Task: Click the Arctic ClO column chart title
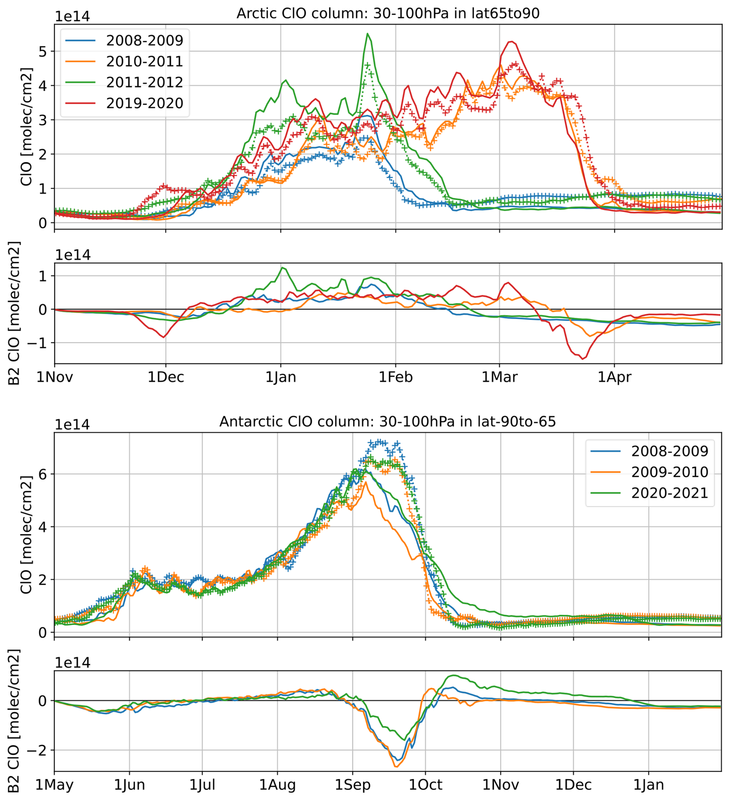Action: (x=388, y=13)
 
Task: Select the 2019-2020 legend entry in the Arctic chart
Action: (x=144, y=103)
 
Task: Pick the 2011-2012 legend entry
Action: (x=144, y=82)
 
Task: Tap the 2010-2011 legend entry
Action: (x=144, y=61)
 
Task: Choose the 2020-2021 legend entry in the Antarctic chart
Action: (x=670, y=493)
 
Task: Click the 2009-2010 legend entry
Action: (x=670, y=472)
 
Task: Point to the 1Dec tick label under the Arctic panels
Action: (x=166, y=377)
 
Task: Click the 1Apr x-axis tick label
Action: (x=614, y=377)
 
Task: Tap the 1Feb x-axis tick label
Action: (x=395, y=377)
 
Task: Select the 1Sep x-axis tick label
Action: (x=353, y=785)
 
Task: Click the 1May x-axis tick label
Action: (x=54, y=785)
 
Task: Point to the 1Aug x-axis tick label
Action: (x=278, y=785)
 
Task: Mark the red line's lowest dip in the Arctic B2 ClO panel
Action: (x=583, y=359)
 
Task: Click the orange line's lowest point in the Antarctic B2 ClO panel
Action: (x=396, y=766)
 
